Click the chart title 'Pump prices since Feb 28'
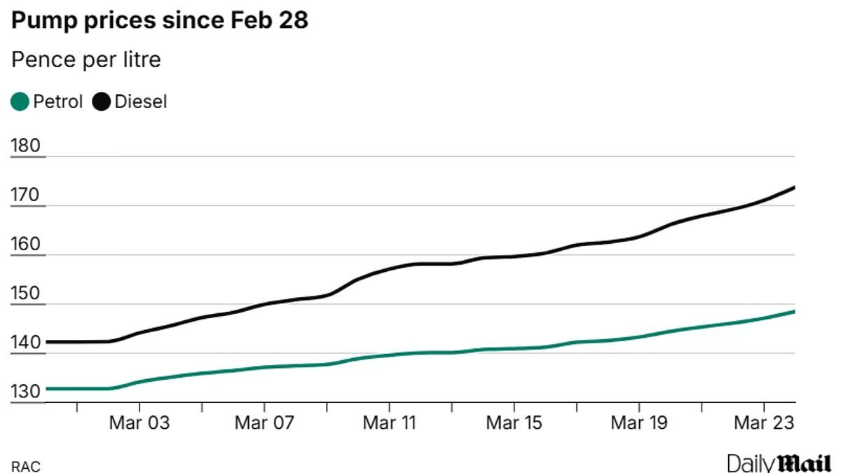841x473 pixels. pyautogui.click(x=160, y=21)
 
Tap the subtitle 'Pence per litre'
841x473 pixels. pyautogui.click(x=86, y=60)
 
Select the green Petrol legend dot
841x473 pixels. pyautogui.click(x=20, y=102)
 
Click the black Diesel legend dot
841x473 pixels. pyautogui.click(x=102, y=102)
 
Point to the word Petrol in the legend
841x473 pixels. pyautogui.click(x=58, y=102)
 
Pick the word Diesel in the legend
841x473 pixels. pyautogui.click(x=141, y=102)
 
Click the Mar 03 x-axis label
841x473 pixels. pyautogui.click(x=139, y=423)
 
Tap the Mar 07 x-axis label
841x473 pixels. pyautogui.click(x=264, y=423)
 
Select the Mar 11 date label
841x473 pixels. pyautogui.click(x=389, y=423)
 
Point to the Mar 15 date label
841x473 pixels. pyautogui.click(x=514, y=423)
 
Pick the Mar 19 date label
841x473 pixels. pyautogui.click(x=638, y=423)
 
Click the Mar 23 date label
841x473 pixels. pyautogui.click(x=763, y=423)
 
